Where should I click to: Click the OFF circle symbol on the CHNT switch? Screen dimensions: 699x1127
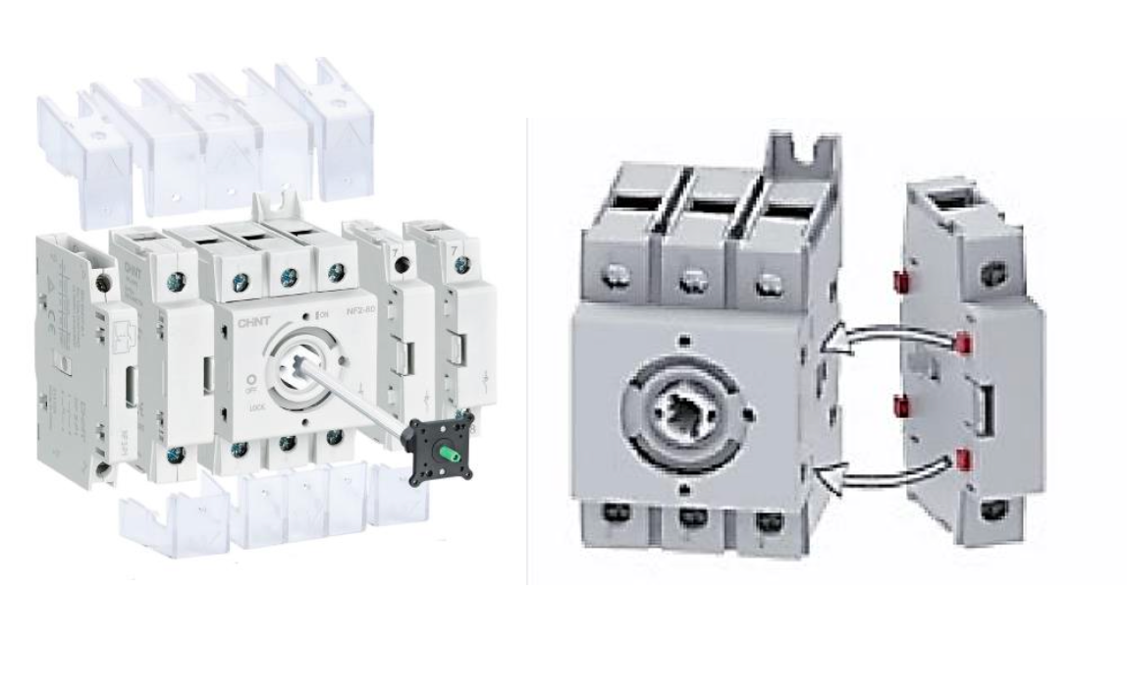point(250,379)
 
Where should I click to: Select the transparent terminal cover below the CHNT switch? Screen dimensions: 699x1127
point(275,511)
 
